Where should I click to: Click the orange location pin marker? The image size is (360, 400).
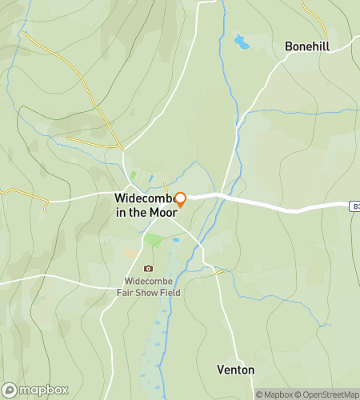pyautogui.click(x=181, y=199)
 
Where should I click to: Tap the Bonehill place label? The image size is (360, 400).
pyautogui.click(x=306, y=46)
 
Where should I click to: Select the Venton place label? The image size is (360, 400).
pyautogui.click(x=236, y=370)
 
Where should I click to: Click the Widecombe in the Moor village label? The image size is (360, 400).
pyautogui.click(x=145, y=205)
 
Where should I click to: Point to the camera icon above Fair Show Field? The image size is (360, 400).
pyautogui.click(x=148, y=269)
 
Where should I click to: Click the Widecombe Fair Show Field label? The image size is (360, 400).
pyautogui.click(x=152, y=286)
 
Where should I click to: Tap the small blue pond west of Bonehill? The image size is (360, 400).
pyautogui.click(x=241, y=41)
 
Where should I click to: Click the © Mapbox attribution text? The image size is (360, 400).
pyautogui.click(x=274, y=394)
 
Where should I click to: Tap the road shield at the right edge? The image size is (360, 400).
pyautogui.click(x=354, y=206)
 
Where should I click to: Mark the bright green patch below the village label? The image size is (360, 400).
pyautogui.click(x=152, y=240)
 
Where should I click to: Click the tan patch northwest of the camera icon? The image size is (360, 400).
pyautogui.click(x=130, y=252)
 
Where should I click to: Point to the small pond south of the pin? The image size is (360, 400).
pyautogui.click(x=175, y=239)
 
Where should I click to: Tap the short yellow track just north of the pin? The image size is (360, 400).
pyautogui.click(x=166, y=187)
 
